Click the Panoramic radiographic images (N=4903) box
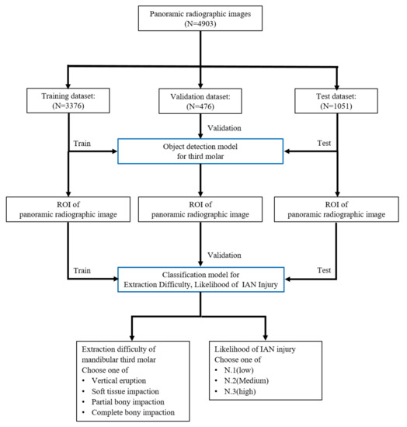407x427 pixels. point(203,20)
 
